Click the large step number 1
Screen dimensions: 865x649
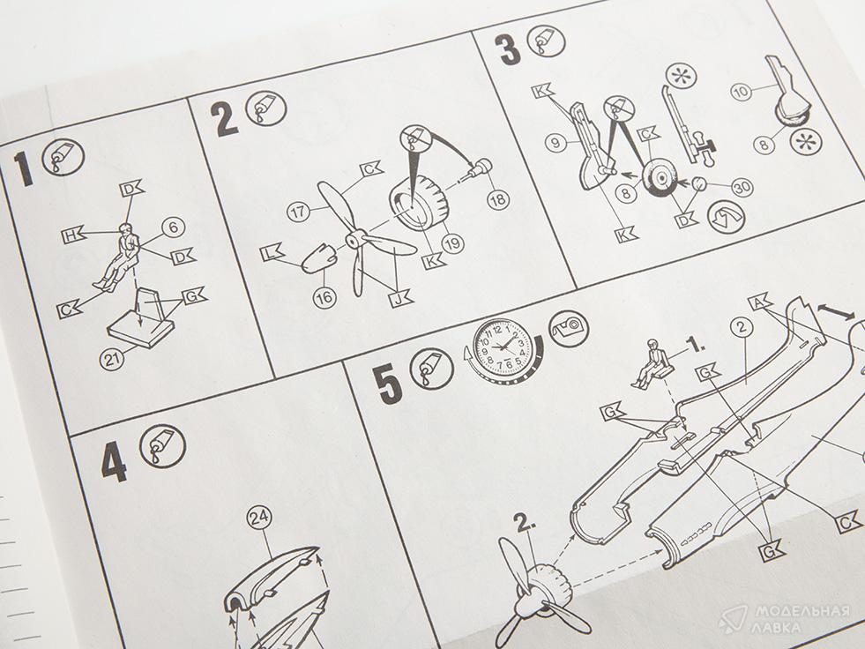tap(26, 169)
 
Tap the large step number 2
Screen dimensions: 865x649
tap(225, 119)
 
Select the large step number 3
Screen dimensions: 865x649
tap(508, 50)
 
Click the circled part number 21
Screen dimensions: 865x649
tap(111, 360)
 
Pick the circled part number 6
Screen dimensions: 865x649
tap(173, 227)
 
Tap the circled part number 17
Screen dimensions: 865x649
tap(298, 213)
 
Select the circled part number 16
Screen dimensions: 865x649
tap(324, 298)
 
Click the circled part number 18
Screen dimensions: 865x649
tap(498, 199)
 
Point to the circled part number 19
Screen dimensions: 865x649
tap(453, 242)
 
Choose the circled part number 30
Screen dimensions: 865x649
tap(742, 188)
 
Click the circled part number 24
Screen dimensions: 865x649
tap(258, 517)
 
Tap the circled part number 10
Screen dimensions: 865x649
tap(742, 91)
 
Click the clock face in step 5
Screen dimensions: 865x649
tap(503, 348)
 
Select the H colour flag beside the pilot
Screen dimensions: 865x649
tap(72, 236)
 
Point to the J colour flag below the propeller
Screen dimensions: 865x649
tap(400, 299)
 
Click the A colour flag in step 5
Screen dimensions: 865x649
tap(760, 302)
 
